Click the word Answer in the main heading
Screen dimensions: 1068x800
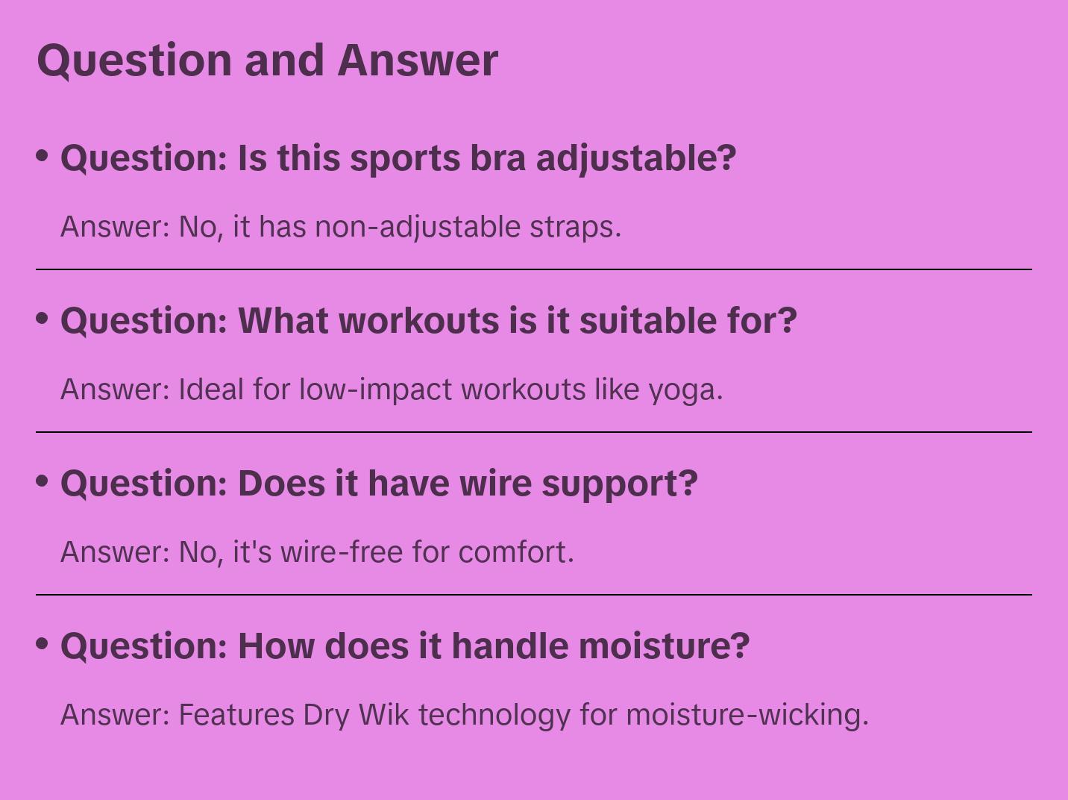click(418, 60)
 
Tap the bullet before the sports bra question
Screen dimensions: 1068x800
click(43, 156)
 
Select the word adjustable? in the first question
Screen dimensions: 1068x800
click(636, 159)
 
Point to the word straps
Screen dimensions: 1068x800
click(576, 228)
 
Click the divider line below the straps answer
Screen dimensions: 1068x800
click(534, 269)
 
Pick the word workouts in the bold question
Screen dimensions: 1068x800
click(419, 321)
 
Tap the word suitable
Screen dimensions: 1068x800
click(648, 321)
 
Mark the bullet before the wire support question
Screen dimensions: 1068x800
click(43, 481)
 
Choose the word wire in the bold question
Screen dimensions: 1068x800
click(496, 484)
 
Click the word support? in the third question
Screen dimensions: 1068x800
click(620, 484)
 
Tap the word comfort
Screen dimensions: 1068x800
click(516, 552)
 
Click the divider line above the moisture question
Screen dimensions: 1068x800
click(534, 594)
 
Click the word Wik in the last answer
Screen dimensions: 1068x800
click(383, 715)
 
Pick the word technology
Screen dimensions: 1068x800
click(494, 716)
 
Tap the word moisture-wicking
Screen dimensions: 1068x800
click(747, 716)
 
